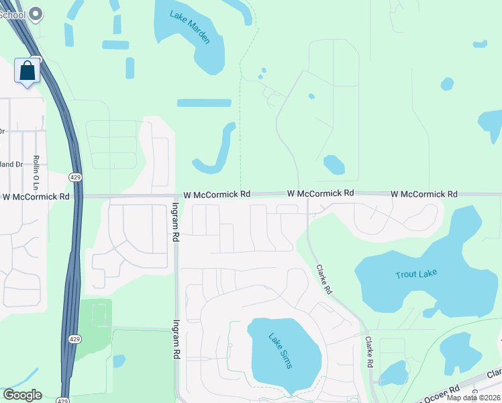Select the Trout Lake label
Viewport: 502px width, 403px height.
[x=416, y=275]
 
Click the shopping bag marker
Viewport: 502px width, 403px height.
[x=28, y=71]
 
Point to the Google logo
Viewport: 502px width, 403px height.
[x=21, y=395]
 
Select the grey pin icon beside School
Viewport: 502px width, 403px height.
[x=37, y=13]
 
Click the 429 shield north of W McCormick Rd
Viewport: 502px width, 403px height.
[x=75, y=176]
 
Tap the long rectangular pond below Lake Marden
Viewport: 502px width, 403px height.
[x=204, y=103]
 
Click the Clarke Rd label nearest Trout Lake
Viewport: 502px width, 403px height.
[x=325, y=279]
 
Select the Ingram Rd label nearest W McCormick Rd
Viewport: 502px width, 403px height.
[x=176, y=222]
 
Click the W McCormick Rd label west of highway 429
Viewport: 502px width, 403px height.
[x=36, y=197]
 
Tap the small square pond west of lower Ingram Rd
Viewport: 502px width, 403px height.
[x=119, y=361]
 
